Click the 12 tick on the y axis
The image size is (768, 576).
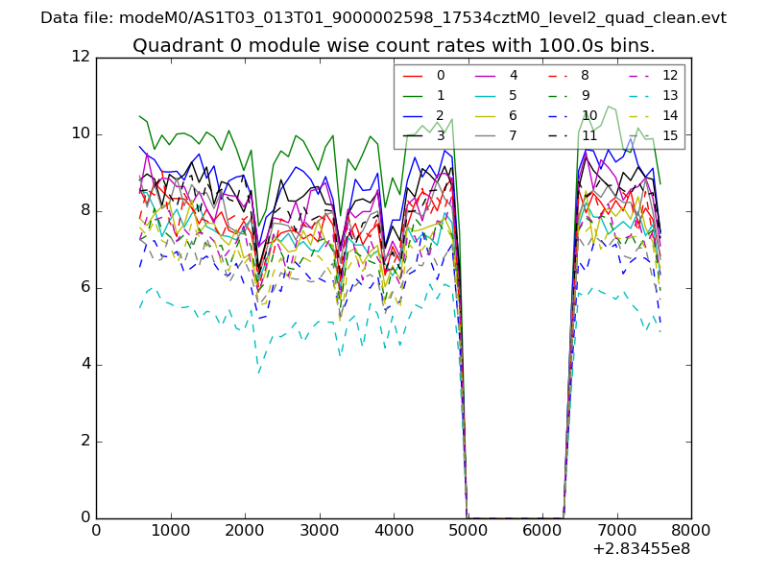[81, 57]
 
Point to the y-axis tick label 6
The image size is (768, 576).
[84, 287]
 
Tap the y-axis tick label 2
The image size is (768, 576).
[84, 441]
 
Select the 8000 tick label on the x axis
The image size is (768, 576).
[691, 530]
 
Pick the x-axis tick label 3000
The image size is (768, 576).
[319, 530]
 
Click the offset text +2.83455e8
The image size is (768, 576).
[642, 549]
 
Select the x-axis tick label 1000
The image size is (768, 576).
[170, 530]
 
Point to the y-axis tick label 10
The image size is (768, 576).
[81, 133]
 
